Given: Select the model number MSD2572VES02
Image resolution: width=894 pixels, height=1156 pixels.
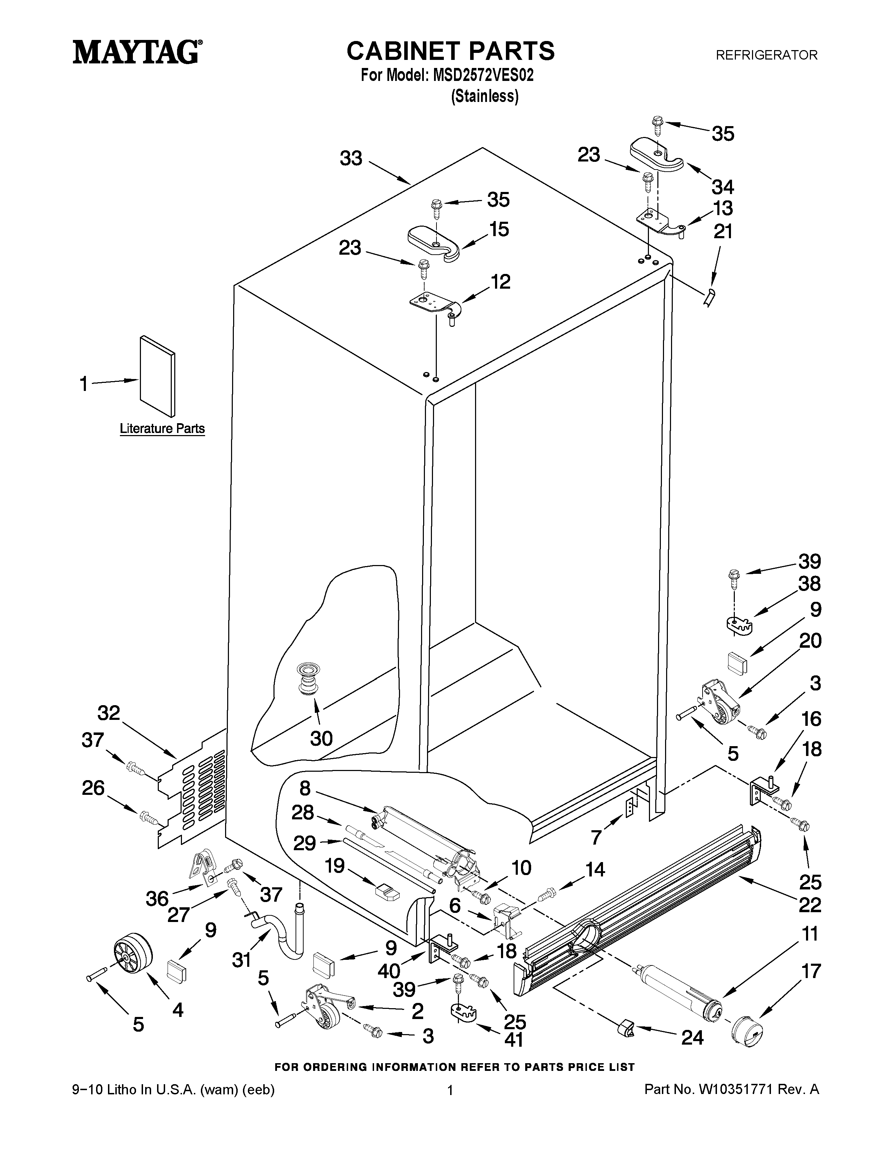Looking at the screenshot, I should click(483, 76).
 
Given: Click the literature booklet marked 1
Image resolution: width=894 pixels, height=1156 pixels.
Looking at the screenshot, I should click(157, 376).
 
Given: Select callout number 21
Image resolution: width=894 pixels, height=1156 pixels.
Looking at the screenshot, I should click(723, 232).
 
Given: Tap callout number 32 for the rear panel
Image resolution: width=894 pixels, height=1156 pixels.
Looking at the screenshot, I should click(109, 714).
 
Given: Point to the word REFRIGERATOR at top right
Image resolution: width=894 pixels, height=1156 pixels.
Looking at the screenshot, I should click(766, 55).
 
